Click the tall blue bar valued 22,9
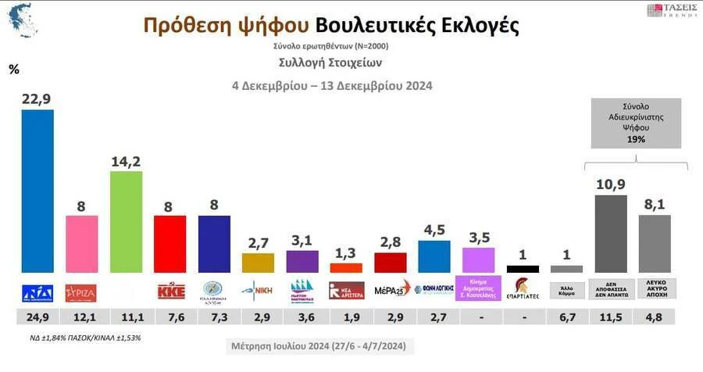37,191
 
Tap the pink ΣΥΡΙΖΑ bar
81,244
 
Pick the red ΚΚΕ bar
170,244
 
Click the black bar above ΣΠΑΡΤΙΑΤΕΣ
522,269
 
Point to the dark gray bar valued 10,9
610,233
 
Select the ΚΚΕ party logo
170,291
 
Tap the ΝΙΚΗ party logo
258,290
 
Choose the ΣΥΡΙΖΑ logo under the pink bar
81,291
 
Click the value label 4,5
434,230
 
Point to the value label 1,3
346,252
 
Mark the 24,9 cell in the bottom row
37,317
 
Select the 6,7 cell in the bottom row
566,317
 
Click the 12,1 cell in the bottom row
81,317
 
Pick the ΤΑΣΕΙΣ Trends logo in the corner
670,11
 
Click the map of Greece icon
23,21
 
